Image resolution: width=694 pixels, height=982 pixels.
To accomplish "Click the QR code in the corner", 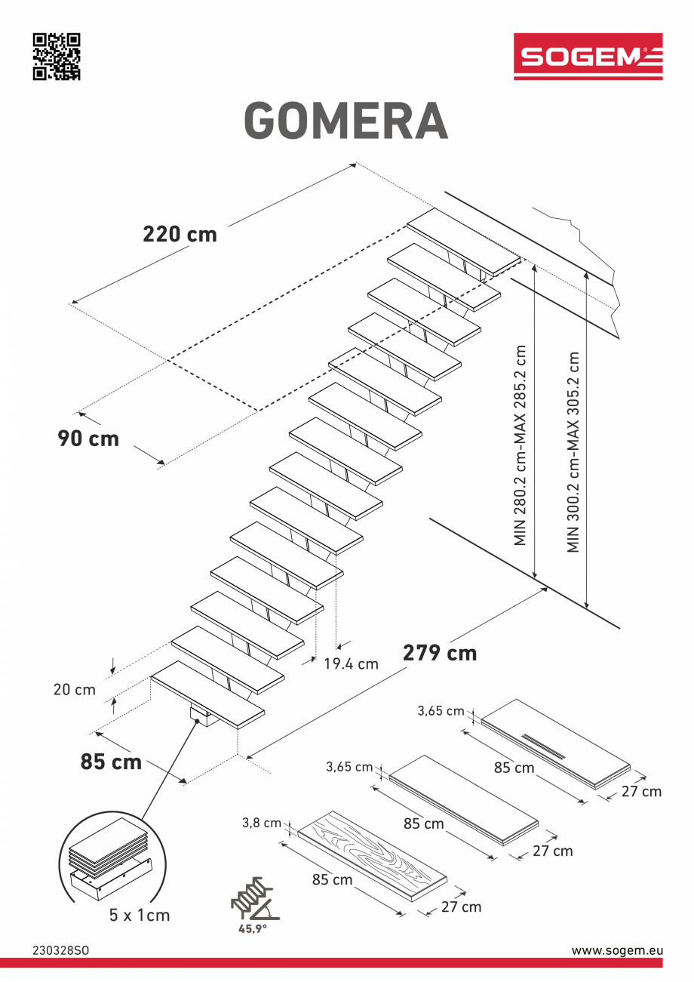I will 56,57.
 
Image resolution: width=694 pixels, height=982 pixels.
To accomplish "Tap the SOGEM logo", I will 588,57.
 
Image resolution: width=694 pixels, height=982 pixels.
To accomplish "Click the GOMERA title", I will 346,121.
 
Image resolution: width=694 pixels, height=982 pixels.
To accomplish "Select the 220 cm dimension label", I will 180,234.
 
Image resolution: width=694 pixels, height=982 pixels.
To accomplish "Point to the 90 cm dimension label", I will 88,438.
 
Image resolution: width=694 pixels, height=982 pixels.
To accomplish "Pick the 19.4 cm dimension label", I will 351,664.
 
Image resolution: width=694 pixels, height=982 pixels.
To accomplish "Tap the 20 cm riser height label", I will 74,689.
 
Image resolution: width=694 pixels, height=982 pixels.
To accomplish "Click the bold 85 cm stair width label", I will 111,762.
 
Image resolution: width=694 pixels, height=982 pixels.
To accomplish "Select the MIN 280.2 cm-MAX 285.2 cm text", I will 520,445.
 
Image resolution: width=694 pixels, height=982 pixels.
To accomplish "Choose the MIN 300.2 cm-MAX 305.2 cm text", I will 574,451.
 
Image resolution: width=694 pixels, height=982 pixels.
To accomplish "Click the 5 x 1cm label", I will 140,915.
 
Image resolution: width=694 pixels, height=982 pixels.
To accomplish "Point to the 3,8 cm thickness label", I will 262,823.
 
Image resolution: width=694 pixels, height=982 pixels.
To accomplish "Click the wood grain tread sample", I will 373,857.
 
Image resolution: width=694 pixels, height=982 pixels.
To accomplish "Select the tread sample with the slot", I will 554,743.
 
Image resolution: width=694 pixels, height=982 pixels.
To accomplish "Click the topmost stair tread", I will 464,242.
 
